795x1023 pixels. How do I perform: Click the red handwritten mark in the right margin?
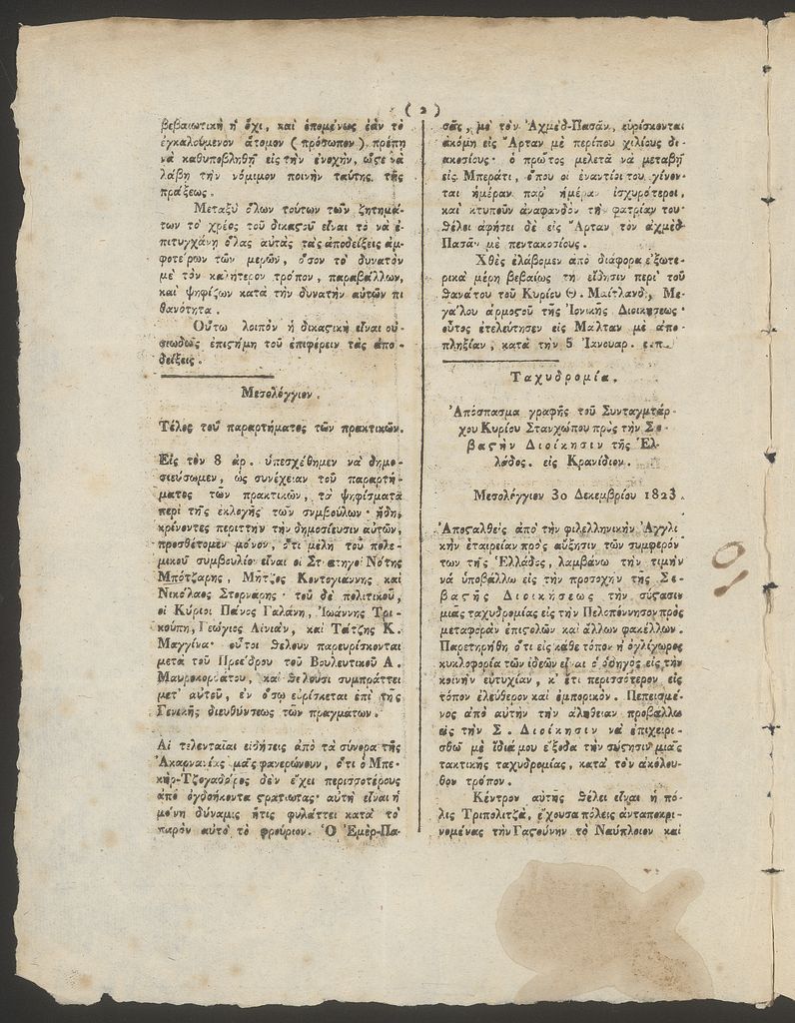click(732, 568)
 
